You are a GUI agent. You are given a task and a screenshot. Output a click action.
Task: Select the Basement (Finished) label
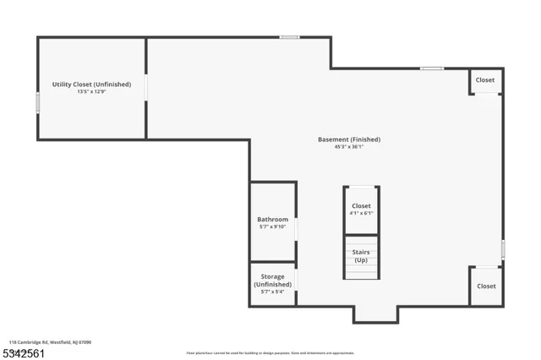[x=348, y=139]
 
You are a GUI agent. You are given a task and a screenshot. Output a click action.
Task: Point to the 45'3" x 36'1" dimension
[x=348, y=147]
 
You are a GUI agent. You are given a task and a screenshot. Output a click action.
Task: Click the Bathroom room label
[x=272, y=220]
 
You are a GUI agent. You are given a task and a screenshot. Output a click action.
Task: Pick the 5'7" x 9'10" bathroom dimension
[x=272, y=227]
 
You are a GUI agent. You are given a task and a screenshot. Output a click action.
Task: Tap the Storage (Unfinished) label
[x=272, y=281]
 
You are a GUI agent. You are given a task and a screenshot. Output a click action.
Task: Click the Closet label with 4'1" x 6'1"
[x=361, y=206]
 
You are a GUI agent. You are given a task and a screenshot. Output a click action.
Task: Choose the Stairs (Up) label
[x=361, y=256]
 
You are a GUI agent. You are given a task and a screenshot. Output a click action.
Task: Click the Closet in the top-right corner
[x=485, y=80]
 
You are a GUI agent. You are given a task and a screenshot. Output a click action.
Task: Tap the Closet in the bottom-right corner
[x=486, y=286]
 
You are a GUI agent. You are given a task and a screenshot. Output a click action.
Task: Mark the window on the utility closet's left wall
[x=37, y=102]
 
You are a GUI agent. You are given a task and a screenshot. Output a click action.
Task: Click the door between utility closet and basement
[x=146, y=87]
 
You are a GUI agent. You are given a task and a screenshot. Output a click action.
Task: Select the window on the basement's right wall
[x=503, y=249]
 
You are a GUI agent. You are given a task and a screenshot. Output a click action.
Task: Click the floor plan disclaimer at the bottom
[x=270, y=353]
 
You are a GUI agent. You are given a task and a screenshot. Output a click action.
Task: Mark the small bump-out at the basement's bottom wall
[x=375, y=314]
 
